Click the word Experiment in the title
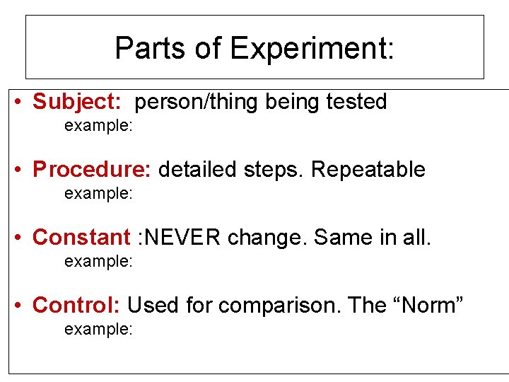point(312,48)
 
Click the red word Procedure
point(92,170)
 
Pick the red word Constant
point(81,237)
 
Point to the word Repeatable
point(368,170)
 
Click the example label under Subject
point(98,126)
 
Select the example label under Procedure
point(98,193)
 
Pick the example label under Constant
point(98,261)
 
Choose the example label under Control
point(98,329)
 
